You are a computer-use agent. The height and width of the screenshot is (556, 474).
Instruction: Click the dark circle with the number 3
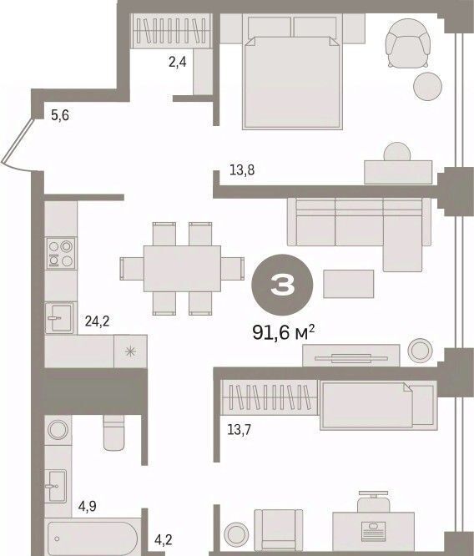click(x=282, y=285)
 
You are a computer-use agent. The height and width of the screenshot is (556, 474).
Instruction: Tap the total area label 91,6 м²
click(x=283, y=332)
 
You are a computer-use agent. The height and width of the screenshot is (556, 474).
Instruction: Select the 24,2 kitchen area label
click(x=97, y=321)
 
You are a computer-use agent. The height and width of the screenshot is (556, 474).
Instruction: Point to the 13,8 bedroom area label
click(x=242, y=170)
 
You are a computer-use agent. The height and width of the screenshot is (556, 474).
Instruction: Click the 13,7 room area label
click(x=239, y=430)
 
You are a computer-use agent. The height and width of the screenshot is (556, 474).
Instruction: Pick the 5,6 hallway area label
click(x=60, y=115)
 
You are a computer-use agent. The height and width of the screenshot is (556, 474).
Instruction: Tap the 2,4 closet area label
click(x=177, y=63)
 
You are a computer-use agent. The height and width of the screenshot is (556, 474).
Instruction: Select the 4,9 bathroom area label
click(x=88, y=507)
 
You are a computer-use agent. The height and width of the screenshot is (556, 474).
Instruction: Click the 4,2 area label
click(x=163, y=539)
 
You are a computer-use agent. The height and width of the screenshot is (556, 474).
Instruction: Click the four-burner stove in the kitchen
click(x=61, y=253)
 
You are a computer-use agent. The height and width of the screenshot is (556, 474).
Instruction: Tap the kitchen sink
click(x=60, y=318)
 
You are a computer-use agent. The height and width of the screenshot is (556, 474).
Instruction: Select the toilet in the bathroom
click(x=113, y=432)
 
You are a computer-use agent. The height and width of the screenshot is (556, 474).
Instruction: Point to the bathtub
click(x=94, y=538)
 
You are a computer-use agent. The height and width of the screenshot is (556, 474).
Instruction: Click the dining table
click(x=182, y=269)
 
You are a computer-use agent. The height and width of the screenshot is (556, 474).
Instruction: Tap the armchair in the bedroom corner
click(x=408, y=43)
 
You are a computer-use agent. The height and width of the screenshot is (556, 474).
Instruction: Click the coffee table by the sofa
click(x=348, y=284)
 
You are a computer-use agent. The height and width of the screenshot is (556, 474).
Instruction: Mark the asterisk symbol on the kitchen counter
click(x=130, y=351)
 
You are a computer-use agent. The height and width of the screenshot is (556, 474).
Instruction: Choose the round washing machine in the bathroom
click(x=58, y=430)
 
